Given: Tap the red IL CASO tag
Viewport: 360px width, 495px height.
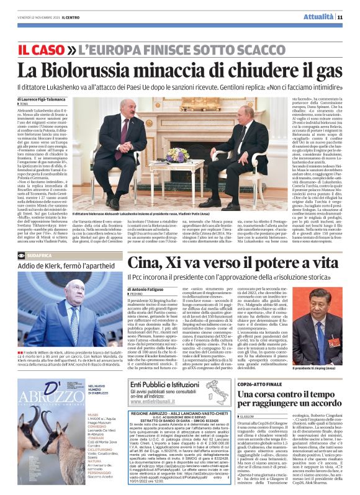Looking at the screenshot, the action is pyautogui.click(x=40, y=47).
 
